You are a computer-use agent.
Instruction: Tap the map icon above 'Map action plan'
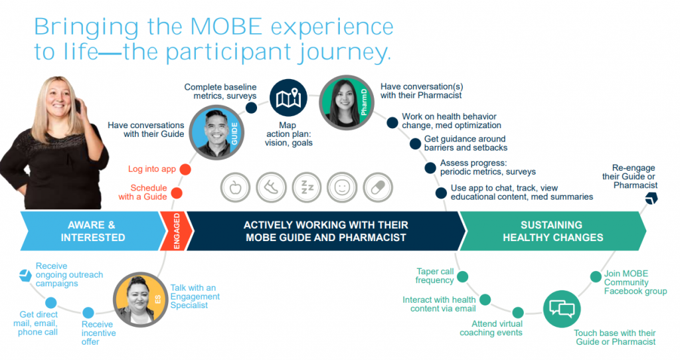point(288,100)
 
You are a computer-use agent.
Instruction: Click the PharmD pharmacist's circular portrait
point(346,101)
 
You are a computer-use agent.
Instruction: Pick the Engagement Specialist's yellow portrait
point(139,299)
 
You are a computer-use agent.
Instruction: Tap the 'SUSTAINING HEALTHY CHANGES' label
point(552,231)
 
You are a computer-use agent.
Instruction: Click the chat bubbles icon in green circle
point(561,309)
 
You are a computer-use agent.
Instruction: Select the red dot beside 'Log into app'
point(185,169)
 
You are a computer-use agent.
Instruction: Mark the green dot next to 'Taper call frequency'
point(463,277)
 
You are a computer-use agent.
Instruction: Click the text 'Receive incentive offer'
point(98,333)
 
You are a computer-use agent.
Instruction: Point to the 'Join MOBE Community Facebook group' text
point(635,282)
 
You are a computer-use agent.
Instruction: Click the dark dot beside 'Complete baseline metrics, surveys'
point(251,108)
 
